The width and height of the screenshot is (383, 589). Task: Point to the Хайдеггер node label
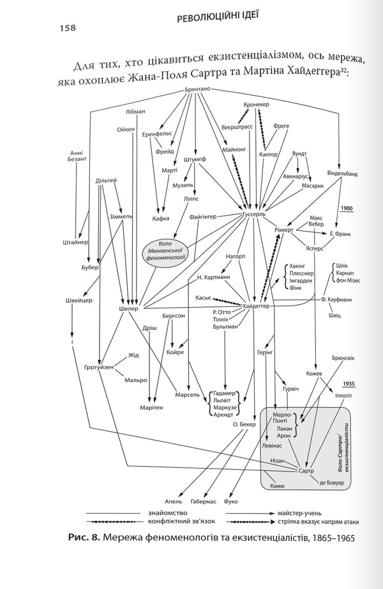[x=256, y=306]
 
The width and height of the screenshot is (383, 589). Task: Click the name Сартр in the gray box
[x=306, y=470]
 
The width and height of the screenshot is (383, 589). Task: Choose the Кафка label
[x=161, y=218]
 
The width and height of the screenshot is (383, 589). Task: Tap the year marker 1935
[x=348, y=384]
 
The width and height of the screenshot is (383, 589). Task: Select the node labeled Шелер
[x=128, y=309]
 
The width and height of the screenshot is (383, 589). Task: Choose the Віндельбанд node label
[x=342, y=173]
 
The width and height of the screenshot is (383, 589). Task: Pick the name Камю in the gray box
[x=277, y=485]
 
